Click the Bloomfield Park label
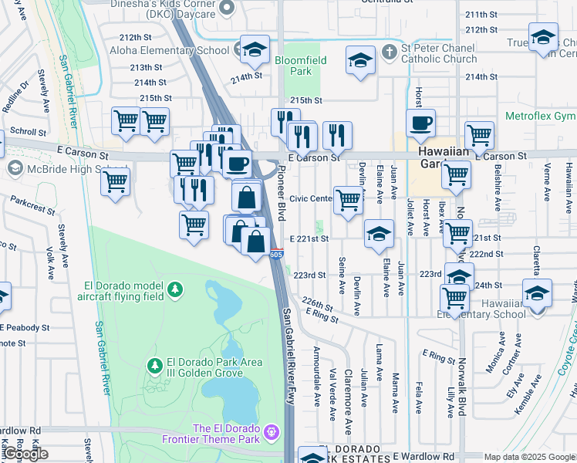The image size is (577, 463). pos(300,65)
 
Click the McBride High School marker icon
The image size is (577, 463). pos(14,168)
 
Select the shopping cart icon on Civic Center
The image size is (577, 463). pos(349,200)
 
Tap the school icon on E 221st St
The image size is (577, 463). pos(379,233)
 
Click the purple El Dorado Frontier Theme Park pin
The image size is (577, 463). pos(271,430)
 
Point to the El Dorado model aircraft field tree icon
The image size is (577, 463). pos(177,289)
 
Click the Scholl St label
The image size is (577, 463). pos(29,132)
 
